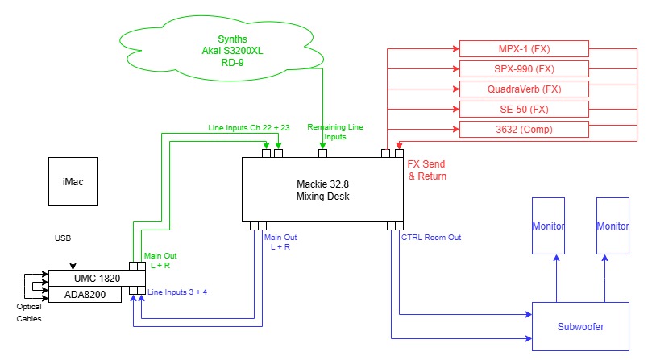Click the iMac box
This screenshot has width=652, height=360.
click(x=73, y=182)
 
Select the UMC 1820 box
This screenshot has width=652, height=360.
click(x=97, y=278)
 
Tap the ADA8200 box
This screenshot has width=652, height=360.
click(x=85, y=294)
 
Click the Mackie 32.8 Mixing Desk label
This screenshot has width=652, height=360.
click(x=322, y=190)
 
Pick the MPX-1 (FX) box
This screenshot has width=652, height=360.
click(x=524, y=48)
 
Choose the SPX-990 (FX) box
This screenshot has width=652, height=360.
click(x=524, y=69)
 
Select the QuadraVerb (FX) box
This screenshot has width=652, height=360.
click(x=524, y=89)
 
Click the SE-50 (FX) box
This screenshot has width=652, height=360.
click(x=524, y=110)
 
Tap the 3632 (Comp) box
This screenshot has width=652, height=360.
click(x=524, y=130)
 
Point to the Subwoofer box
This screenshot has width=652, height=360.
click(x=580, y=327)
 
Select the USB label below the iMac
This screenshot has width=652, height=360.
click(x=63, y=238)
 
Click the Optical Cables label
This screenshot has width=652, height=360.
click(x=29, y=312)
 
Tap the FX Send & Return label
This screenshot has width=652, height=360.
click(x=426, y=170)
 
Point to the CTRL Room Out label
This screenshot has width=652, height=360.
click(x=431, y=238)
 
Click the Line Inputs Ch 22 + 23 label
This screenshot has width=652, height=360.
click(x=249, y=127)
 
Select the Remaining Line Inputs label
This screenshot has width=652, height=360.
click(x=335, y=132)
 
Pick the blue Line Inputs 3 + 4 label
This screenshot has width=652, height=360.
click(x=177, y=292)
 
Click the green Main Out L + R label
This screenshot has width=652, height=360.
click(x=160, y=261)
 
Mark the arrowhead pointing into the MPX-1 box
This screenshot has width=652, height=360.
click(x=456, y=48)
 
